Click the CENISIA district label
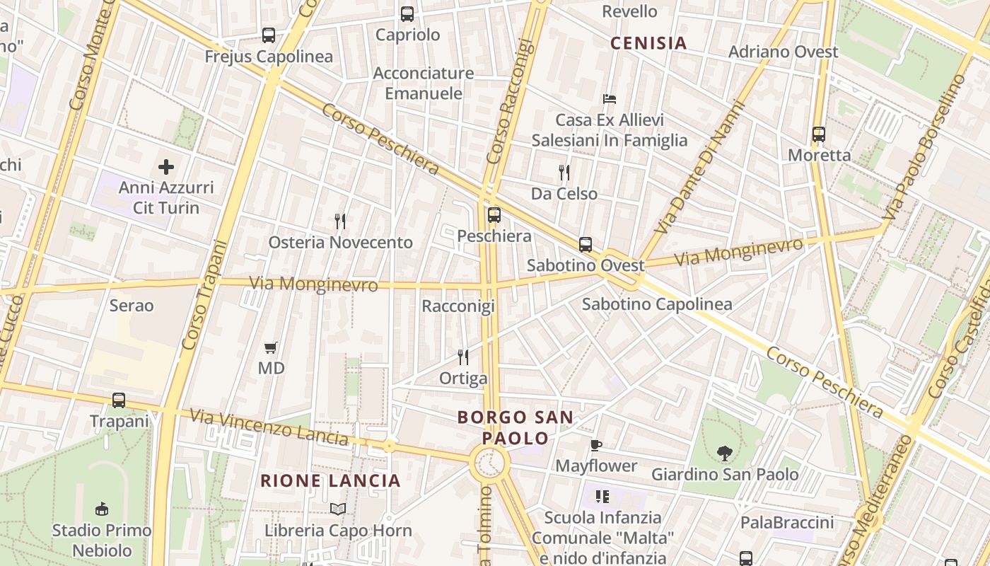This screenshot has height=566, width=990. (648, 43)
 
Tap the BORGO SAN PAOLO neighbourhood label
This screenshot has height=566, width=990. (515, 427)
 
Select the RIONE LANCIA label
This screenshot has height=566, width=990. (330, 481)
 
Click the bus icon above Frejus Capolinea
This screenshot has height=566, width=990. (269, 35)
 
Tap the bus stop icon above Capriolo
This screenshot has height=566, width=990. (407, 13)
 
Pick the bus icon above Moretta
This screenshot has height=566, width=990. (819, 134)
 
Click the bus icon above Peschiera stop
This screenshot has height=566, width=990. (494, 214)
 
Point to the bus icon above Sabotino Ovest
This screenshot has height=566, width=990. (586, 245)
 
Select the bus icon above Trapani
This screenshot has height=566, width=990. (119, 400)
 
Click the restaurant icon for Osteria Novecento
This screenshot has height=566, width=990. (340, 221)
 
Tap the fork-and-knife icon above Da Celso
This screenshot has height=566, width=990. (564, 172)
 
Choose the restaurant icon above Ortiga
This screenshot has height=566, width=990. (463, 357)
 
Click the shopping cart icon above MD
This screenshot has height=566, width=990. (271, 347)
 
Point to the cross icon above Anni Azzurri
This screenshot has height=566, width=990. (166, 167)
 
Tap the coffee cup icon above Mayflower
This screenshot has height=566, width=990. (596, 445)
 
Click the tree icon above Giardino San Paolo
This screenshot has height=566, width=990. (724, 453)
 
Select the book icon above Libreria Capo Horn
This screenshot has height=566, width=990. (338, 509)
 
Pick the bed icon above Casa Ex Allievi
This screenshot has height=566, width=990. (610, 98)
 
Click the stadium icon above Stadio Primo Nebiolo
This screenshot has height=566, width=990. (101, 509)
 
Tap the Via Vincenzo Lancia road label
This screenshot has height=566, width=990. (269, 427)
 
